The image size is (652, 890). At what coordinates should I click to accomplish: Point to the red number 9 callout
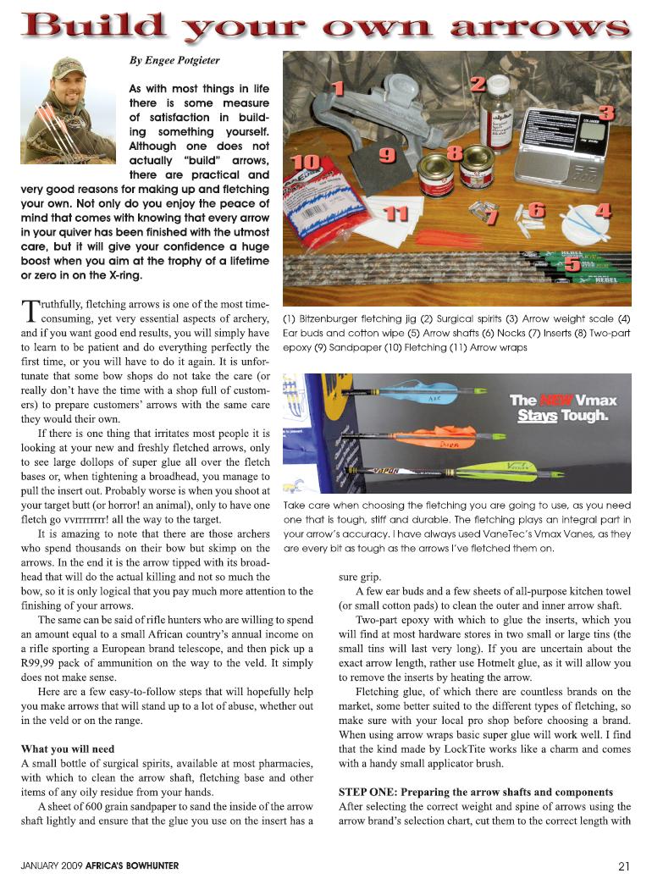click(x=387, y=155)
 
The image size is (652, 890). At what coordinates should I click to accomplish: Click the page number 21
click(x=624, y=865)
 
